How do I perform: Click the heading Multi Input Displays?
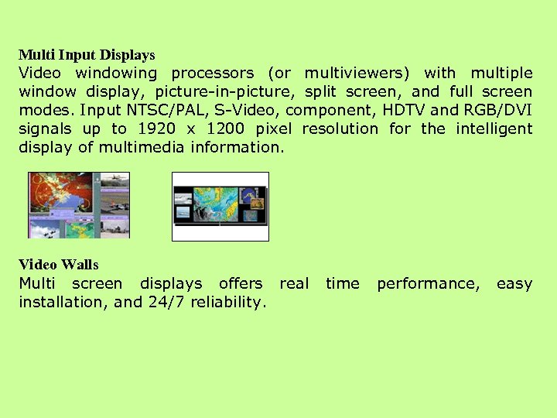(x=87, y=55)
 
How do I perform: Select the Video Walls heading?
(x=59, y=265)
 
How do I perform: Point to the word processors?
(x=212, y=74)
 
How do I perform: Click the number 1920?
(x=156, y=129)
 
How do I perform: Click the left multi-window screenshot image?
(x=78, y=205)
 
